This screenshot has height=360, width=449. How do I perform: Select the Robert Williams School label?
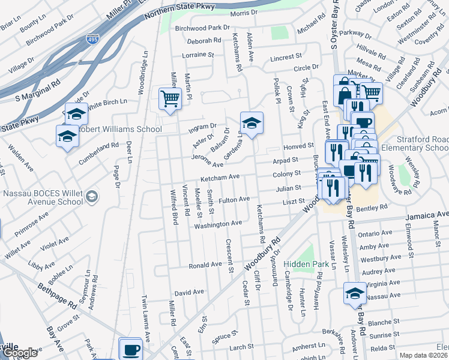pos(120,129)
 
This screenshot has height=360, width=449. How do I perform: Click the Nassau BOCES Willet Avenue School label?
pos(42,197)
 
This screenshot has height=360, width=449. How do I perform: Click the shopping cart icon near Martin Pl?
pos(170,98)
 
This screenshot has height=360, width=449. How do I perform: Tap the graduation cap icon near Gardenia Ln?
pos(252,123)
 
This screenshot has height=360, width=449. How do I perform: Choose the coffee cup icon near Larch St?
pos(130,349)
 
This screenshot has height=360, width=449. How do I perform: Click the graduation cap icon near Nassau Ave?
pos(355,294)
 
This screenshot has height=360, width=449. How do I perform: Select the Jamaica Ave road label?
pos(427,214)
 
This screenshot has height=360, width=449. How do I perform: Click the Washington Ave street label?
pos(217,224)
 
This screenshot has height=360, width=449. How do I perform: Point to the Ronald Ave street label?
pos(205,265)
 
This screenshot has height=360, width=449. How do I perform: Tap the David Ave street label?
pos(190,292)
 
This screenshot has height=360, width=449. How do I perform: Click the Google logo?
pos(20,353)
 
